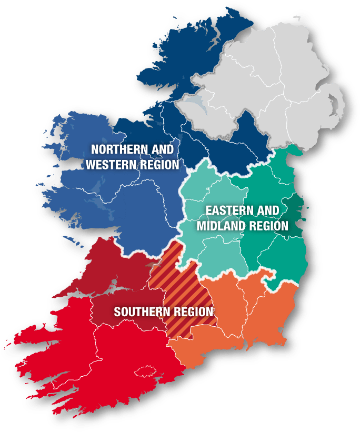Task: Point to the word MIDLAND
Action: coord(220,226)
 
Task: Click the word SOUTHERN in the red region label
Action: coord(140,312)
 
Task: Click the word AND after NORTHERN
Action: coord(163,150)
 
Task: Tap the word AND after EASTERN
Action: coord(268,211)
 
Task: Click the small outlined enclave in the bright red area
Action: coord(146,371)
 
